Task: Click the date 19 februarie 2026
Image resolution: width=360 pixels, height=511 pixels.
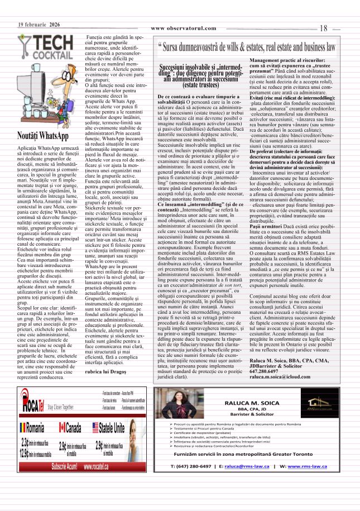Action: pyautogui.click(x=39, y=25)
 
